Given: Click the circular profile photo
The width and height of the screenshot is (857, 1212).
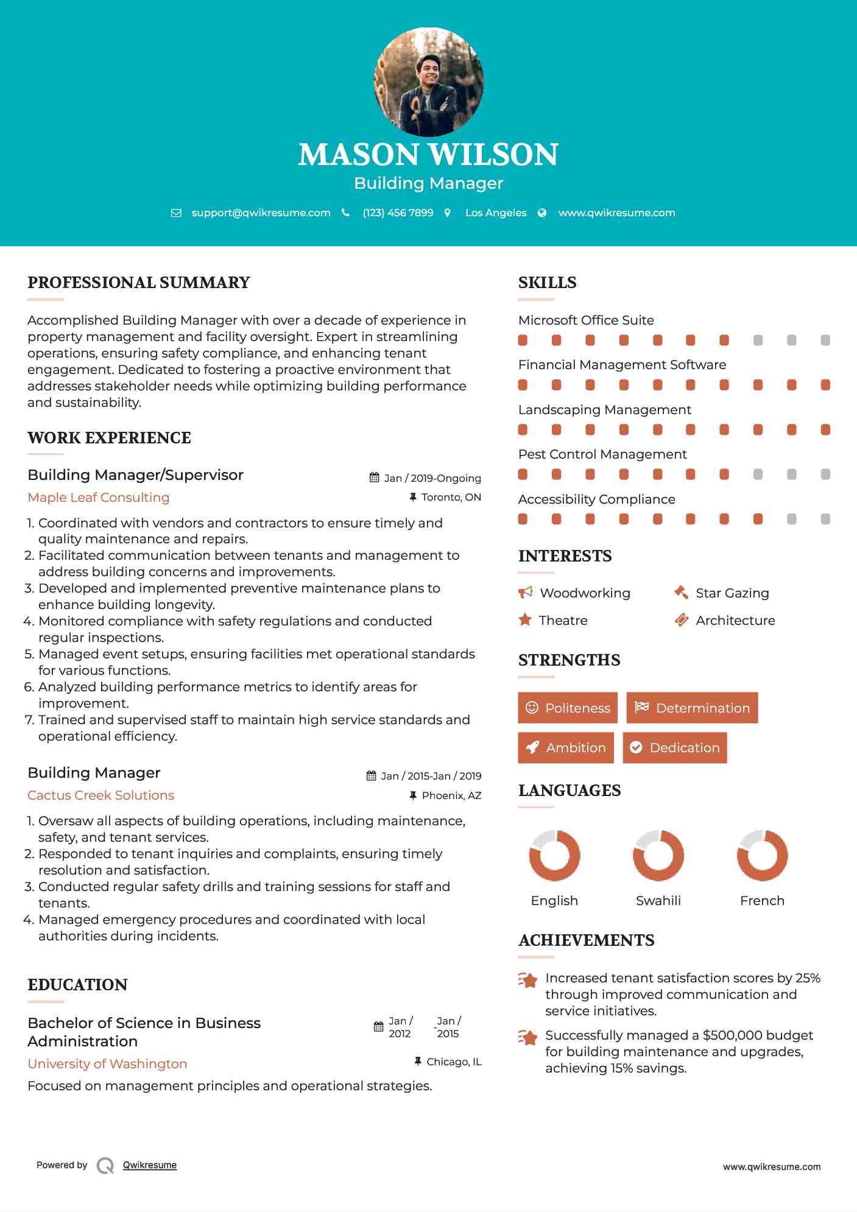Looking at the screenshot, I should (428, 82).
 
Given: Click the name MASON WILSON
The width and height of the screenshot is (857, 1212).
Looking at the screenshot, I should (428, 155).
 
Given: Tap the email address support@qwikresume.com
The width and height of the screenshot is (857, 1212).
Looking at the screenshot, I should (261, 213).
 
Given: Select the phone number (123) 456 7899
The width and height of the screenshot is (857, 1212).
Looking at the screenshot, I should (398, 213).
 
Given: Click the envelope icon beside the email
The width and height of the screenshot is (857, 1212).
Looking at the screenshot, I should (176, 213).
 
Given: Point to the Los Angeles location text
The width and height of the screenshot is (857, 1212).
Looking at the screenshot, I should (496, 213).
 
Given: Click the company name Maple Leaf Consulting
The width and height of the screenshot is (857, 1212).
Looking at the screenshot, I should (99, 498).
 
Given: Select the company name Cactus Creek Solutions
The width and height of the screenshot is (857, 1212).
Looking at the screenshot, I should (101, 795).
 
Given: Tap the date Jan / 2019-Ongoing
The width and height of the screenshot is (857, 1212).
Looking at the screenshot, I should (432, 478).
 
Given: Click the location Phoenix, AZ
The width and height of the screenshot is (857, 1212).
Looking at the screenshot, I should (451, 795).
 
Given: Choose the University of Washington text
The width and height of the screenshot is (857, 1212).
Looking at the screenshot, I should (107, 1064).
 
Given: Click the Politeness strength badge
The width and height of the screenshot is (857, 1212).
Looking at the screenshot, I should (568, 708).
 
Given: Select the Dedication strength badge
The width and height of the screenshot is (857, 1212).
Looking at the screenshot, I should (675, 748).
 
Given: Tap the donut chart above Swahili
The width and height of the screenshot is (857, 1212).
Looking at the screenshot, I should (658, 855).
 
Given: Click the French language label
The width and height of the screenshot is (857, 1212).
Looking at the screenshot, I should (762, 901).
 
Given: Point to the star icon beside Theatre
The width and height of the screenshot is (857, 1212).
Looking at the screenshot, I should (525, 620).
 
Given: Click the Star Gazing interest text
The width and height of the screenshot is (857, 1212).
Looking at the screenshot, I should (732, 593).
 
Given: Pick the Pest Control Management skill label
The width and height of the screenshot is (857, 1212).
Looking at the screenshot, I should (602, 454).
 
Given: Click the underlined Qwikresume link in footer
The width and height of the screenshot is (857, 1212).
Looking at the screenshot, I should (150, 1165).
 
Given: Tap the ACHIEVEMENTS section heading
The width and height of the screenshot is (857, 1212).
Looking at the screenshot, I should (586, 940).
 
